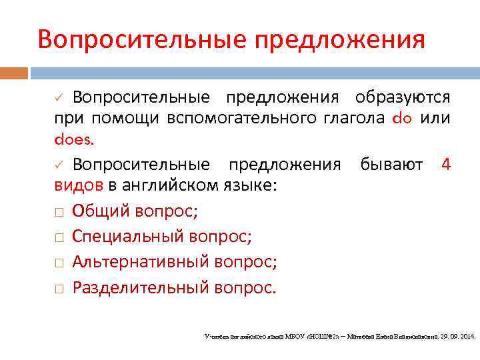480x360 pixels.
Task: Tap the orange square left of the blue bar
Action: [14, 73]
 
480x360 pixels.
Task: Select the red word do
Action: [403, 119]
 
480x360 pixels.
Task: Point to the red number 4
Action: [446, 163]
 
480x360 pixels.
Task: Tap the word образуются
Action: [403, 97]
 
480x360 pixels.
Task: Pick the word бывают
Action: [391, 163]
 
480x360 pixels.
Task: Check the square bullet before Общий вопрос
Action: [59, 212]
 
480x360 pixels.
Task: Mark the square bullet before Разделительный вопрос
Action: [59, 288]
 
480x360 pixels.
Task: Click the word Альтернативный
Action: [141, 262]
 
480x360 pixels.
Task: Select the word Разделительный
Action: [141, 287]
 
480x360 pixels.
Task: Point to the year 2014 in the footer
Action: [466, 337]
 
